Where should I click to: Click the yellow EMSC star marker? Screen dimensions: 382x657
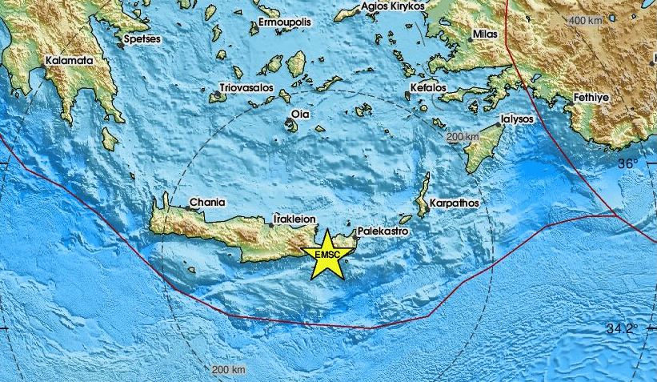tap(326, 255)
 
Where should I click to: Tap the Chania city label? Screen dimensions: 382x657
tap(207, 203)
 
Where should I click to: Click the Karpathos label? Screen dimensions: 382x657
tap(455, 203)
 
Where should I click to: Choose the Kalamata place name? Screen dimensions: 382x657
tap(69, 60)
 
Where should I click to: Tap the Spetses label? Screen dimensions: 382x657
tap(141, 38)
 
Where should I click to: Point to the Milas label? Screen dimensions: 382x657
tap(485, 35)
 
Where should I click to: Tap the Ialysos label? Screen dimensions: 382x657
tap(520, 117)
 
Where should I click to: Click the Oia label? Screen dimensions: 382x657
tap(300, 115)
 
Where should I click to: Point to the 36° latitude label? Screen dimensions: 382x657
tap(628, 163)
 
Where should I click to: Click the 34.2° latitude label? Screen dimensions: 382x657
tap(621, 328)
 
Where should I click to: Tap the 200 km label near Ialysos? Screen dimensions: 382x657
tap(463, 138)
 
